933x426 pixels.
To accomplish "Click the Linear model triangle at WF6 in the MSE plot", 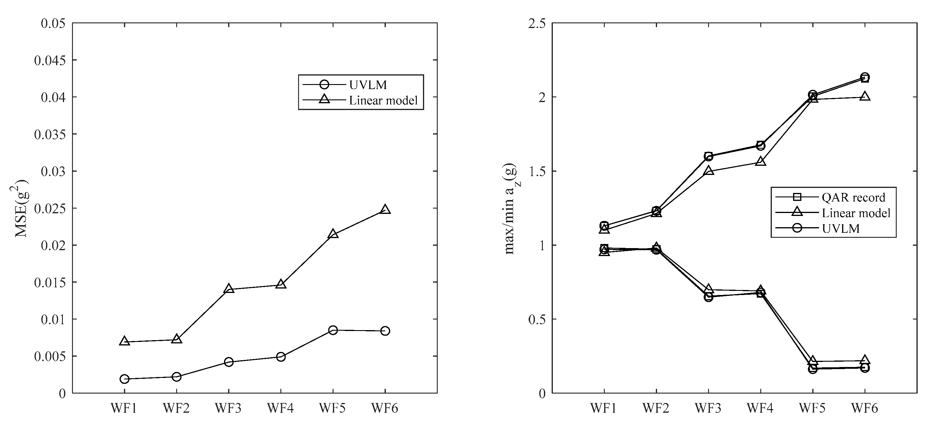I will (x=385, y=209).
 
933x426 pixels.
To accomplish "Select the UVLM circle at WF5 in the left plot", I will (x=333, y=330).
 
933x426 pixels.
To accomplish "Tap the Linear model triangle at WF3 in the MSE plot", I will (x=228, y=289).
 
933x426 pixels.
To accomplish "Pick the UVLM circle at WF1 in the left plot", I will (x=124, y=379).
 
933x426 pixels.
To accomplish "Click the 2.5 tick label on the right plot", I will (x=537, y=24).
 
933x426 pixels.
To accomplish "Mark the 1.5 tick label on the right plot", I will (x=537, y=171).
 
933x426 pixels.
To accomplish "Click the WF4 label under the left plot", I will (x=280, y=408).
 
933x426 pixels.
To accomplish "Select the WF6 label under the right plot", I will (x=865, y=408).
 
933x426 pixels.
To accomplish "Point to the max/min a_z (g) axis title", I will (x=511, y=209).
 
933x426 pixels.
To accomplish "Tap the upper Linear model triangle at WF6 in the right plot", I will (x=865, y=96).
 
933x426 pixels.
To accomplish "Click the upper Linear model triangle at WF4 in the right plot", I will (x=761, y=161).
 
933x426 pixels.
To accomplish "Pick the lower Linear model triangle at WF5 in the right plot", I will (x=812, y=361).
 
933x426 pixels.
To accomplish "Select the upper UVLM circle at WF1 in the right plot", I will (x=604, y=225).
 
